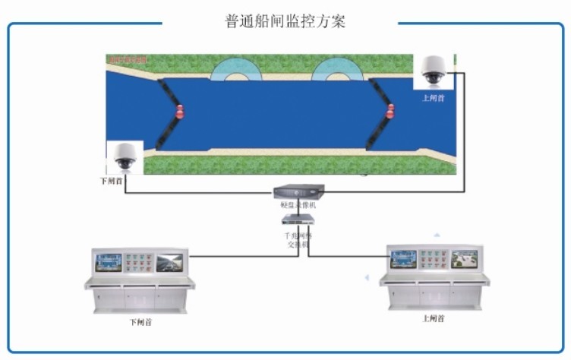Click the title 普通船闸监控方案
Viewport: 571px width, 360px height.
285,21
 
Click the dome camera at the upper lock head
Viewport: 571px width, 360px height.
434,71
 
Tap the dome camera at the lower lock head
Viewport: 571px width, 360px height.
124,157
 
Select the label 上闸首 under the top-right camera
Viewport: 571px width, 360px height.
434,98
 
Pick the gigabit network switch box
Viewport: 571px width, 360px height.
297,219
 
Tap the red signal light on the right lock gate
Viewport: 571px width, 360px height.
391,111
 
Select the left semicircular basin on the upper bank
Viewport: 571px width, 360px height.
234,71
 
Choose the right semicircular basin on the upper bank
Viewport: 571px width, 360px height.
334,71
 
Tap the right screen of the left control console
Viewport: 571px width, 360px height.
169,263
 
